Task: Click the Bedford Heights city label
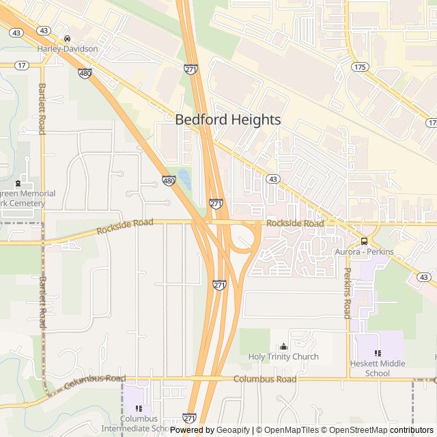tap(227, 119)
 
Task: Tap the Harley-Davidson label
tap(68, 49)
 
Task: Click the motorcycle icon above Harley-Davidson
tap(67, 39)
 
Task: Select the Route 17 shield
tap(22, 66)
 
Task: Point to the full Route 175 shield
tap(360, 67)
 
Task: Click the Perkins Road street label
tap(347, 293)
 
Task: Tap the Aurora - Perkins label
tap(364, 252)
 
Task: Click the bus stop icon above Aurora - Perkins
tap(364, 241)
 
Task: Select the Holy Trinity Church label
tap(283, 356)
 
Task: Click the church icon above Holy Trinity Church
tap(283, 346)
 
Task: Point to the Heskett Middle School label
tap(378, 368)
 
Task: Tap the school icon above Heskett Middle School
tap(378, 353)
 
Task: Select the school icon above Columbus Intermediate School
tap(139, 408)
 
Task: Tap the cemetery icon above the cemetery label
tap(18, 183)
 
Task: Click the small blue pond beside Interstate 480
tap(184, 179)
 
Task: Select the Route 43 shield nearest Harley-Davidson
tap(44, 31)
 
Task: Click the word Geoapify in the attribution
tap(234, 430)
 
